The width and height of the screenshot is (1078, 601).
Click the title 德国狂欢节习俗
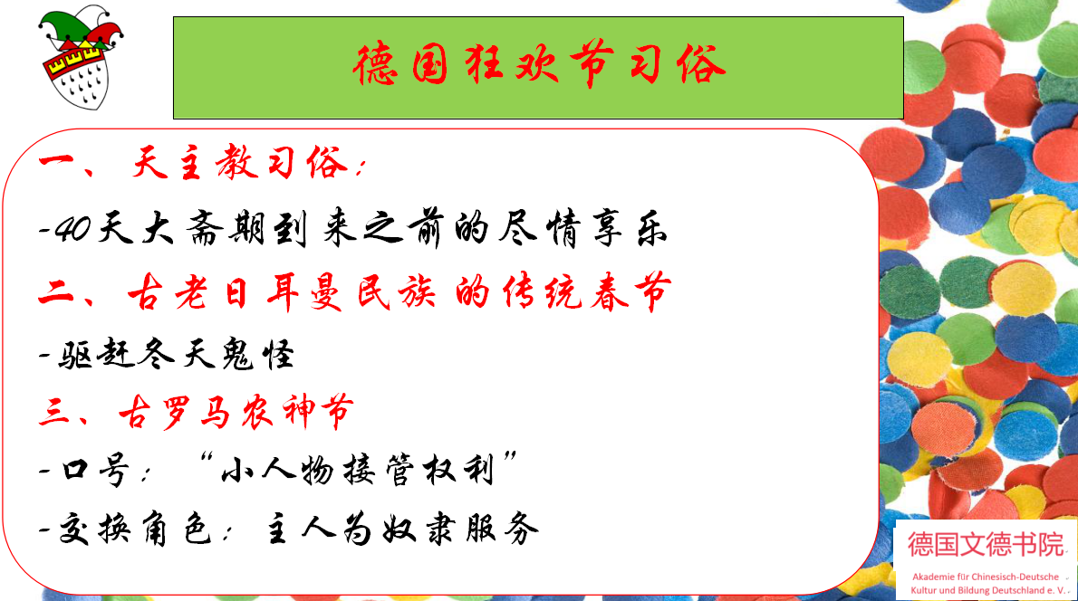click(x=539, y=64)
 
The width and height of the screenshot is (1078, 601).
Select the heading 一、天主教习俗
click(x=203, y=164)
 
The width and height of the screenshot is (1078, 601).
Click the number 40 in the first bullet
click(x=72, y=228)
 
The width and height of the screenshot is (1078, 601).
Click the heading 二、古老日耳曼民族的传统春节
click(x=355, y=292)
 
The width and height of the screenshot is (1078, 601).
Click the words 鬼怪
click(x=258, y=355)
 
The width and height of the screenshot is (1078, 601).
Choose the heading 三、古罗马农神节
click(x=197, y=412)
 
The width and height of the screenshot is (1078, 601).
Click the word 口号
click(x=95, y=471)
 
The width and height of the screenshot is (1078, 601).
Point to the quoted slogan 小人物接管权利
click(x=357, y=470)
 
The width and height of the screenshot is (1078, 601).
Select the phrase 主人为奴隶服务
click(x=402, y=529)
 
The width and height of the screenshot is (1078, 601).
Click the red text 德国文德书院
click(x=987, y=545)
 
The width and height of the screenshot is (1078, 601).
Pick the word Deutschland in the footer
click(x=1022, y=590)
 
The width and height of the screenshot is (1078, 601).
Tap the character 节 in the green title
click(x=592, y=64)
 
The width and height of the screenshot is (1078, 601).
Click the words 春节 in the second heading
click(x=630, y=292)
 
